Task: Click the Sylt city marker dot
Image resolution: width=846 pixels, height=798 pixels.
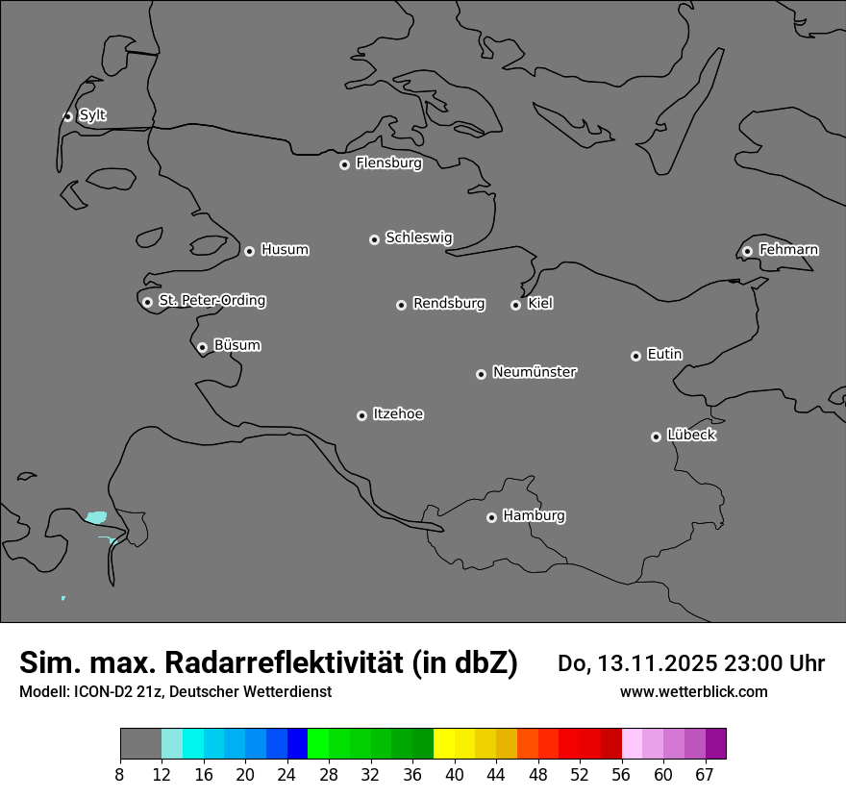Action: point(68,116)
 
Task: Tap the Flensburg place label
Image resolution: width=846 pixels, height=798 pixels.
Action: point(388,163)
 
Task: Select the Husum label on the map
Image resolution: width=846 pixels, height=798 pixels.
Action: point(285,250)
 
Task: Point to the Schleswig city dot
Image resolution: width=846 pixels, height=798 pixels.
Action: point(375,239)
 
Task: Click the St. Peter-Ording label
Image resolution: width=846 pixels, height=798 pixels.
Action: point(211,301)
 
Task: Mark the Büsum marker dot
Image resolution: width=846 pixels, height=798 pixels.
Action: point(203,347)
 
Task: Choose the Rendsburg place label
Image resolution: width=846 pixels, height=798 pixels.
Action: point(449,304)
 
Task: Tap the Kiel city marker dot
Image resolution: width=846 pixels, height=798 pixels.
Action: point(516,305)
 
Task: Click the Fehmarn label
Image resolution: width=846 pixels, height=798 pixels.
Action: point(788,250)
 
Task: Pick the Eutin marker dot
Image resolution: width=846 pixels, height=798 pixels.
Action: point(635,356)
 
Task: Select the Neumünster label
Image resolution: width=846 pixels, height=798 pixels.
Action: point(535,372)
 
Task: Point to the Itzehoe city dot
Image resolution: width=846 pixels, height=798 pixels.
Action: point(362,415)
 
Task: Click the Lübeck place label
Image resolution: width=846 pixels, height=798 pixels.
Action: point(691,436)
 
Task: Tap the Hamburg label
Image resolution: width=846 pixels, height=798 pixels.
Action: point(534,516)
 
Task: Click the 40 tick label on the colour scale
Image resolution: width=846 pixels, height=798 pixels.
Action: point(455,775)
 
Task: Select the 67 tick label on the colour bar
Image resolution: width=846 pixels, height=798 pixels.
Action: point(705,775)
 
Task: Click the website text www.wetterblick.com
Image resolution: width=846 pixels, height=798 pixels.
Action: point(693,692)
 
